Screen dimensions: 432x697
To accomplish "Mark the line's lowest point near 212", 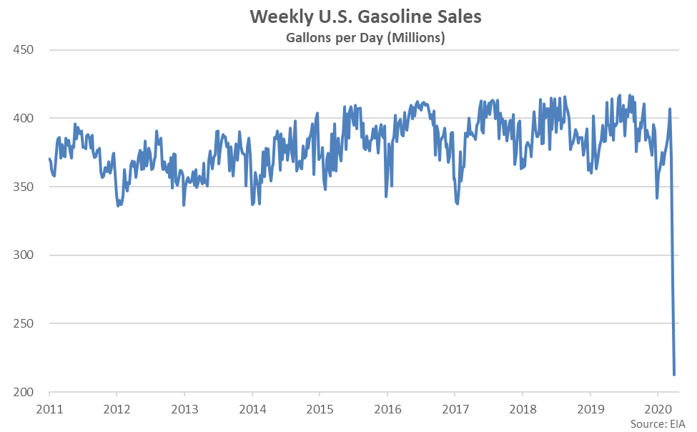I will (674, 374).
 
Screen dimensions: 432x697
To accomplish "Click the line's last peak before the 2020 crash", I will (670, 109).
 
